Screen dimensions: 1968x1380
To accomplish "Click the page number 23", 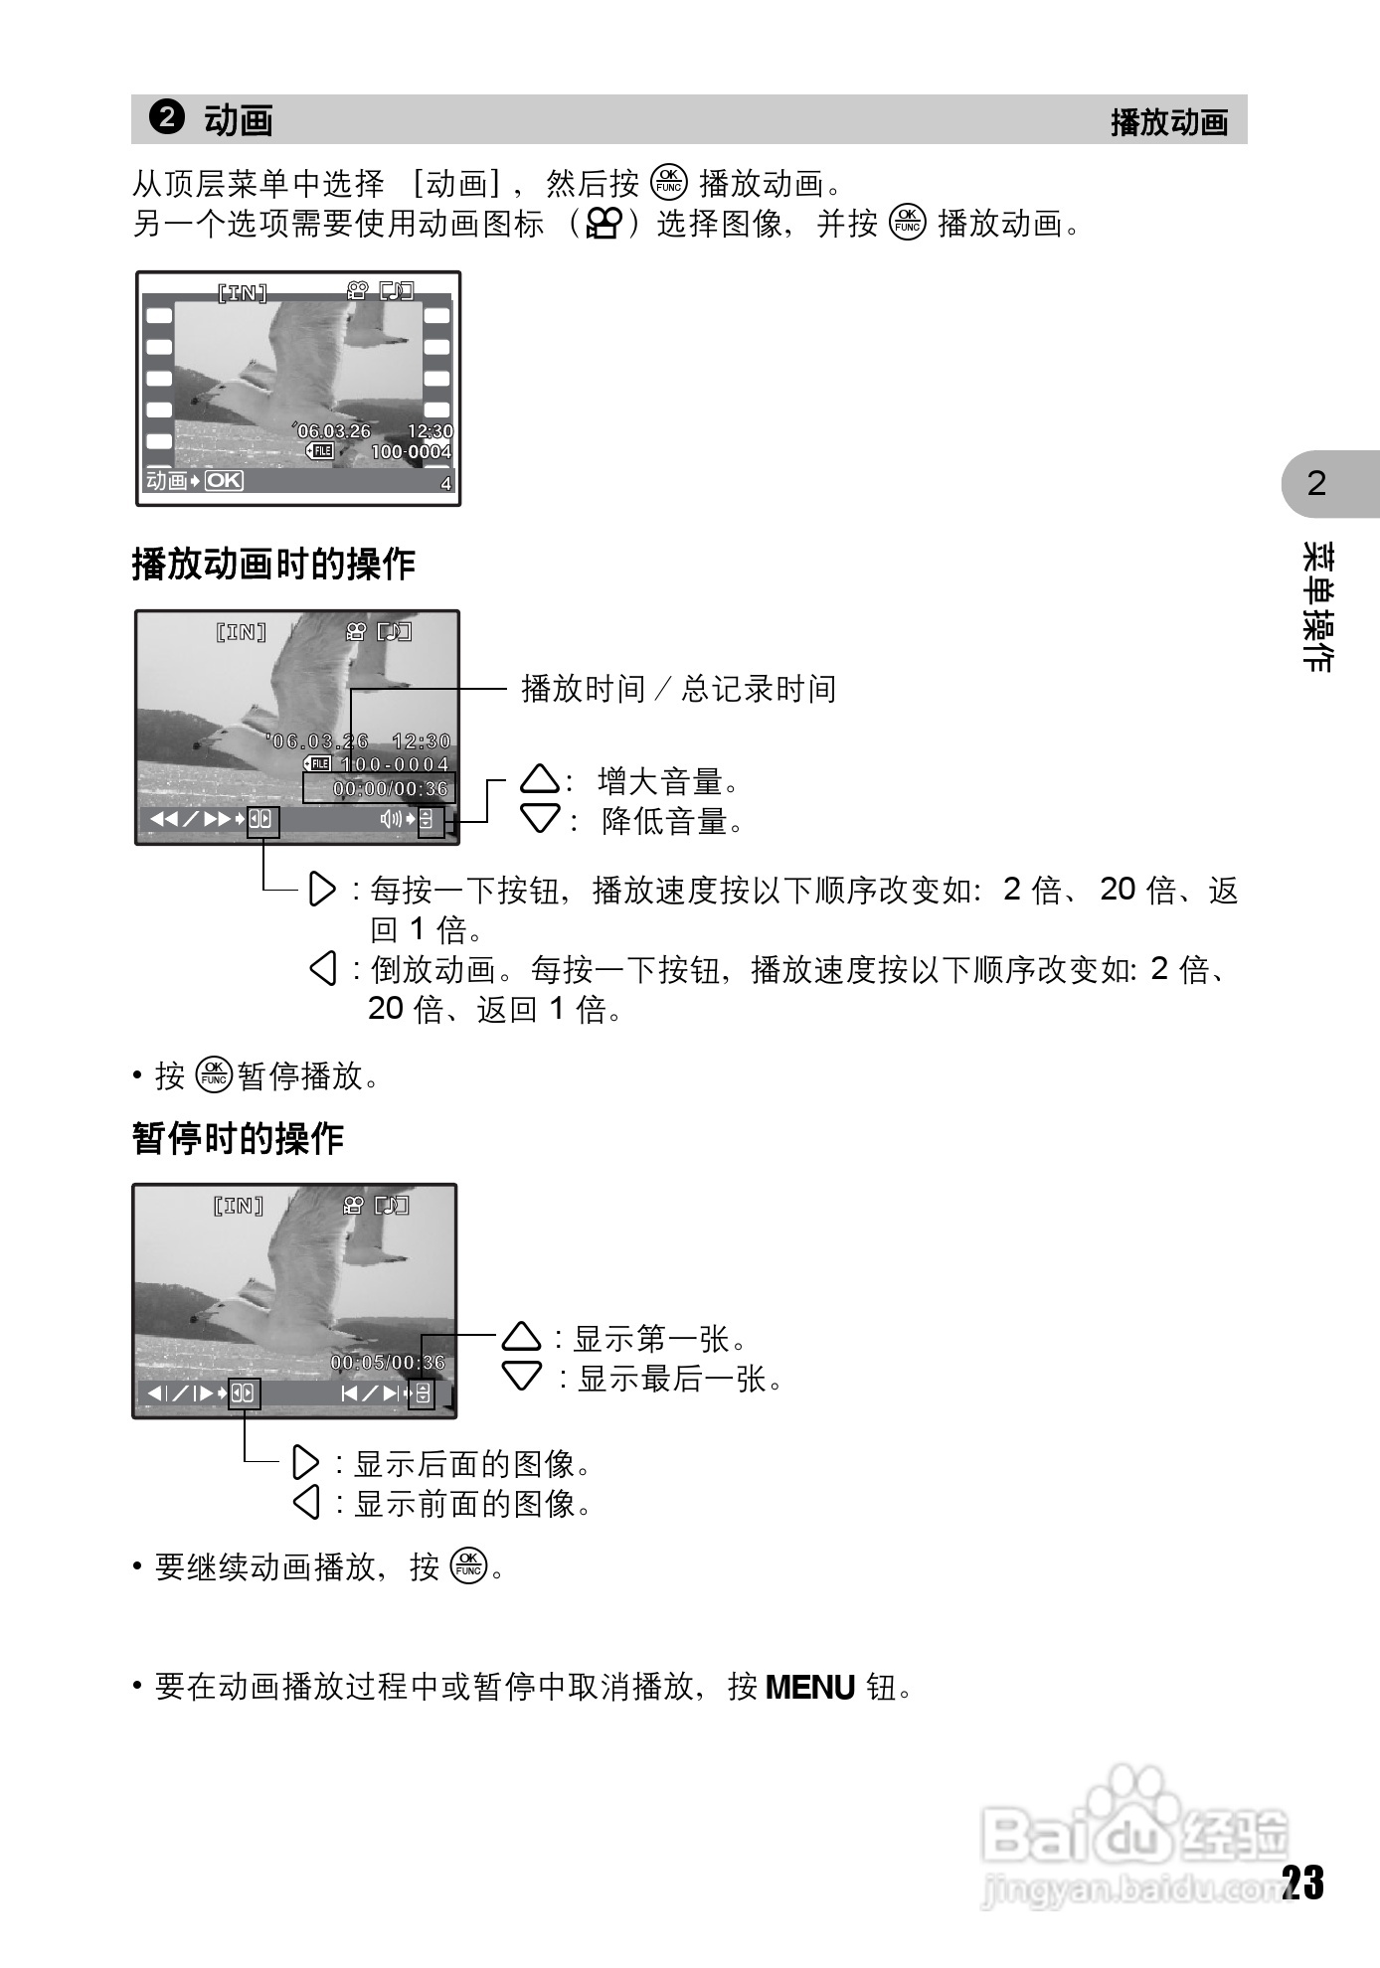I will pyautogui.click(x=1302, y=1883).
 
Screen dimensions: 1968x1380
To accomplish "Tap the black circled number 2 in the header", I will pyautogui.click(x=167, y=117).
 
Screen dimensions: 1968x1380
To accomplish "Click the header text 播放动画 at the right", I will pyautogui.click(x=1169, y=122).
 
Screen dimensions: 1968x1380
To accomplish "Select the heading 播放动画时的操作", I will pyautogui.click(x=273, y=564).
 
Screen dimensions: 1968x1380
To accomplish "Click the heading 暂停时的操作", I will pyautogui.click(x=238, y=1138).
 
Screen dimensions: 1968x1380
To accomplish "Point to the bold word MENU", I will pyautogui.click(x=810, y=1687).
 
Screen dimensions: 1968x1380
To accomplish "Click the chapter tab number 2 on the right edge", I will pyautogui.click(x=1316, y=484).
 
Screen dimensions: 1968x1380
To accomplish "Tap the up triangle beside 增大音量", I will pyautogui.click(x=540, y=780).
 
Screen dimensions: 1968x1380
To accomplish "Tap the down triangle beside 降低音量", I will pyautogui.click(x=540, y=819).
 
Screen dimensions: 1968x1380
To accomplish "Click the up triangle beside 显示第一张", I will pyautogui.click(x=522, y=1337).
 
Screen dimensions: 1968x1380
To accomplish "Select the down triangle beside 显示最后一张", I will pyautogui.click(x=522, y=1377).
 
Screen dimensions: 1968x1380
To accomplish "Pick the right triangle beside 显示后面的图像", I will pyautogui.click(x=306, y=1463).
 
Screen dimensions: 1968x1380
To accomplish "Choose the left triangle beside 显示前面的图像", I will pyautogui.click(x=306, y=1502).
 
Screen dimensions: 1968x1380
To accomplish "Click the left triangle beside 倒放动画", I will pyautogui.click(x=323, y=968).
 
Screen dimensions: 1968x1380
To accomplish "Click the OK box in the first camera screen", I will pyautogui.click(x=224, y=481).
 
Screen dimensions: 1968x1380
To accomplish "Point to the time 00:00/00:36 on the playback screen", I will pyautogui.click(x=391, y=789).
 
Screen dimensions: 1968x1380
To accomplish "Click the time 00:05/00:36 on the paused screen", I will pyautogui.click(x=388, y=1363).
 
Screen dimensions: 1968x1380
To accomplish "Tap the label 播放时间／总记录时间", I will pyautogui.click(x=679, y=688).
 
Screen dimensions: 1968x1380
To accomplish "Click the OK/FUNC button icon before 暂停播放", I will pyautogui.click(x=214, y=1075).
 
